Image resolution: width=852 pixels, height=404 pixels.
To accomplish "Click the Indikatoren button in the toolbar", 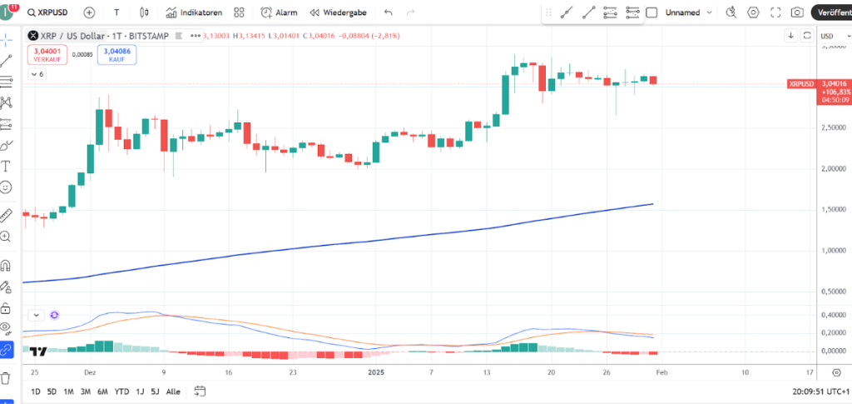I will pyautogui.click(x=194, y=12).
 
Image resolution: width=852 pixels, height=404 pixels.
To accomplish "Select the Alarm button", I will pyautogui.click(x=279, y=12).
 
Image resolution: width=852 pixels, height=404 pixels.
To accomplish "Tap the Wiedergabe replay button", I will pyautogui.click(x=339, y=12).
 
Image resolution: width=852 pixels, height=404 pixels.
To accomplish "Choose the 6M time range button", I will pyautogui.click(x=102, y=392).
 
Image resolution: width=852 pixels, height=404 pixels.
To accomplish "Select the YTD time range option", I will pyautogui.click(x=121, y=392).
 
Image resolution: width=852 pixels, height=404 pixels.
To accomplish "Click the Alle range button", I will pyautogui.click(x=173, y=392).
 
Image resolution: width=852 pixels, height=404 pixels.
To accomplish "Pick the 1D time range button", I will pyautogui.click(x=36, y=392).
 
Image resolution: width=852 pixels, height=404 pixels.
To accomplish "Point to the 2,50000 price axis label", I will pyautogui.click(x=833, y=127).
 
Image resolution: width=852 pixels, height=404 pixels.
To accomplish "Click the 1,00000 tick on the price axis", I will pyautogui.click(x=833, y=250).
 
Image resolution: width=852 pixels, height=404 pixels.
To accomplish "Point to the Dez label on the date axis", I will pyautogui.click(x=90, y=372).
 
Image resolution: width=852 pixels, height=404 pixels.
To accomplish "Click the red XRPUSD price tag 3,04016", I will pyautogui.click(x=833, y=83).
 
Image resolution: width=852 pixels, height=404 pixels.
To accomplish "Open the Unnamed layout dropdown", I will pyautogui.click(x=690, y=12).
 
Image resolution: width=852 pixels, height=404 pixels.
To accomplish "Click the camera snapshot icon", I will pyautogui.click(x=797, y=12).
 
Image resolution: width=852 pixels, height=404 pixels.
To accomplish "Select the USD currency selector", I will pyautogui.click(x=830, y=36).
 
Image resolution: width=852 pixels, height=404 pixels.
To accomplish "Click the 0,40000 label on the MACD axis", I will pyautogui.click(x=833, y=315).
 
